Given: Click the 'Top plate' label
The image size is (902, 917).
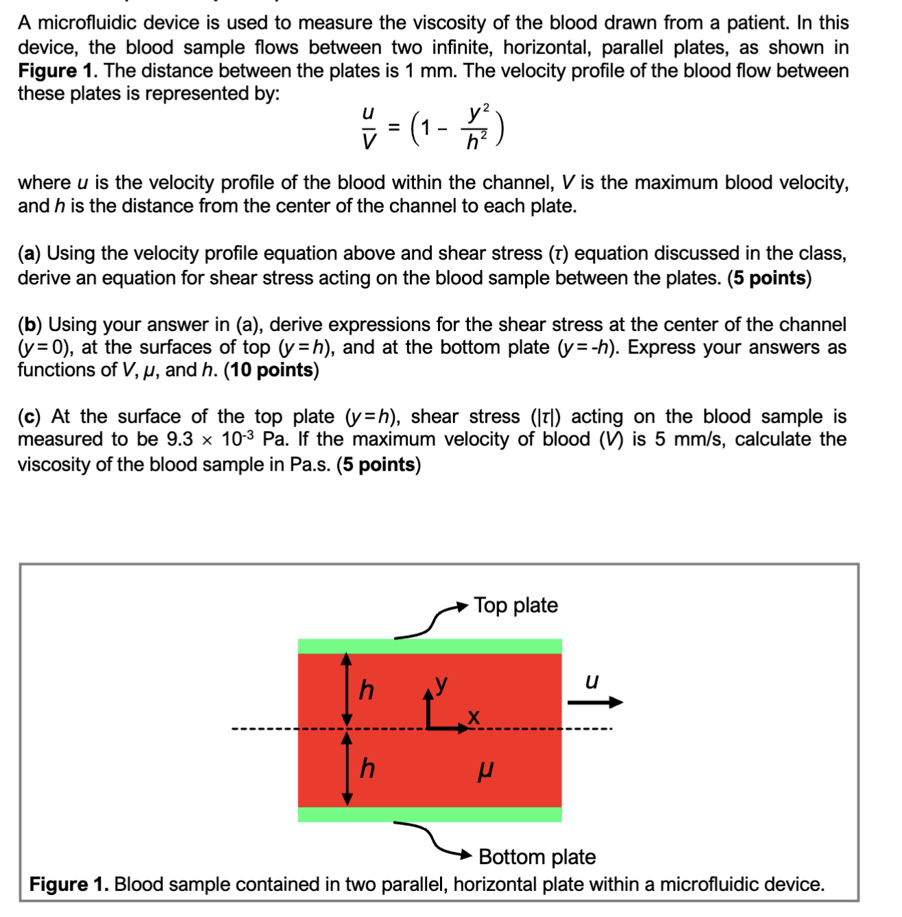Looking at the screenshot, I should pos(515,605).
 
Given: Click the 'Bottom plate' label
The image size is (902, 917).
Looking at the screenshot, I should pos(537,857).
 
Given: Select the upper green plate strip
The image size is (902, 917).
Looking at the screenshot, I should pos(430,646).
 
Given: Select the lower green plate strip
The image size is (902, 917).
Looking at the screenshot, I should pos(430,814).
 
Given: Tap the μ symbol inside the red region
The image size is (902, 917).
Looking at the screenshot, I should pos(485,771).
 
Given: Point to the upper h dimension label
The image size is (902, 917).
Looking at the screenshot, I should pos(367,690).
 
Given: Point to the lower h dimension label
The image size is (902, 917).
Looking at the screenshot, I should pos(367,768).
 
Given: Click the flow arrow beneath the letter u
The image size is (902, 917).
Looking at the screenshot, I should pos(595,702).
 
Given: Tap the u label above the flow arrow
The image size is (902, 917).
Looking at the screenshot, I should pos(592,681).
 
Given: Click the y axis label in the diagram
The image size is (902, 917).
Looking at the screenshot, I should pos(442,683).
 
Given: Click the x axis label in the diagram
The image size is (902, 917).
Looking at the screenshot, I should pos(473,717).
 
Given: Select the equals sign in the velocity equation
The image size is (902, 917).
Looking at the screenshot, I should pos(394,127).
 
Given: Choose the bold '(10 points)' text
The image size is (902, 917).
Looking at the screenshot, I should pos(271,370).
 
